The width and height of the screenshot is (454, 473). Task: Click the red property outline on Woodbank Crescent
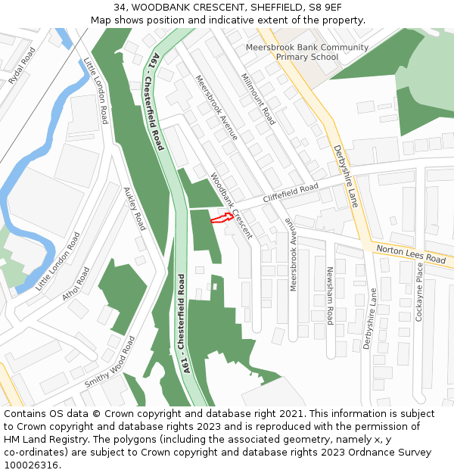(x=220, y=218)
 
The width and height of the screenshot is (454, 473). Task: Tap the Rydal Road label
(x=23, y=67)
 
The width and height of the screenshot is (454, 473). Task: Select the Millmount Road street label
(x=258, y=99)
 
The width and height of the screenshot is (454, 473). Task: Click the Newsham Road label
(x=330, y=296)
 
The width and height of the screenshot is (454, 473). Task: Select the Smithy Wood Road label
(x=110, y=362)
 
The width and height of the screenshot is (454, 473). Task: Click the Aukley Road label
(x=133, y=209)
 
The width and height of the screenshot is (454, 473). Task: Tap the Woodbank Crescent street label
(x=232, y=206)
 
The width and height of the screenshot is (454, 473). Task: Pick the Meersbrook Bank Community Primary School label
(x=307, y=52)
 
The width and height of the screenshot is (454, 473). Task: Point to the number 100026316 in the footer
(x=31, y=465)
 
